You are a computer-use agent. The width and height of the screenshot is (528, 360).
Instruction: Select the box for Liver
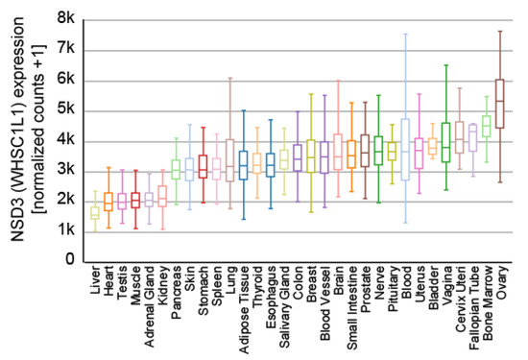pyautogui.click(x=94, y=212)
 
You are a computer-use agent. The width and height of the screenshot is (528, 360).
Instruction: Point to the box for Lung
pyautogui.click(x=229, y=159)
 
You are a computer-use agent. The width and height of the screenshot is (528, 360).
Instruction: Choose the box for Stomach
pyautogui.click(x=203, y=167)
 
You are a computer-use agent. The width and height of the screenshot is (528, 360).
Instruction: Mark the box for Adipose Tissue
pyautogui.click(x=243, y=165)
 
